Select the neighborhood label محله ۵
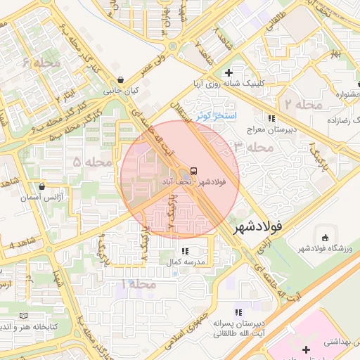(93, 162)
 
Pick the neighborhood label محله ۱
(139, 283)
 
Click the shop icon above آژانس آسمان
(43, 187)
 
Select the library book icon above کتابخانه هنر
(26, 316)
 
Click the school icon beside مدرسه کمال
(185, 250)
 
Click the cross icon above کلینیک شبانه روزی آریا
(229, 72)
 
